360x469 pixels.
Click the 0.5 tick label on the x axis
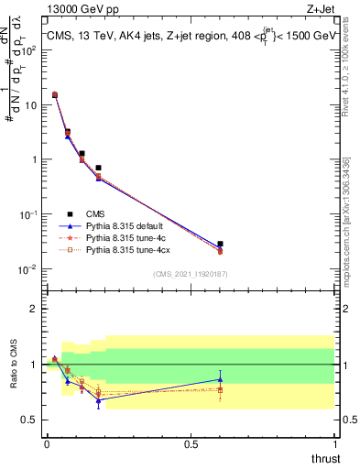click(191, 443)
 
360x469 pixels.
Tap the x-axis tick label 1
click(334, 443)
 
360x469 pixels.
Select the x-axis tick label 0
click(47, 443)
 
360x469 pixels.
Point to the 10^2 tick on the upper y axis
click(30, 50)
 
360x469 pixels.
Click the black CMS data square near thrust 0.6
click(220, 245)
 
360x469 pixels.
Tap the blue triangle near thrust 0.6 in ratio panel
click(220, 378)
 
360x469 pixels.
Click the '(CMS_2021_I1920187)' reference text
click(190, 274)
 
